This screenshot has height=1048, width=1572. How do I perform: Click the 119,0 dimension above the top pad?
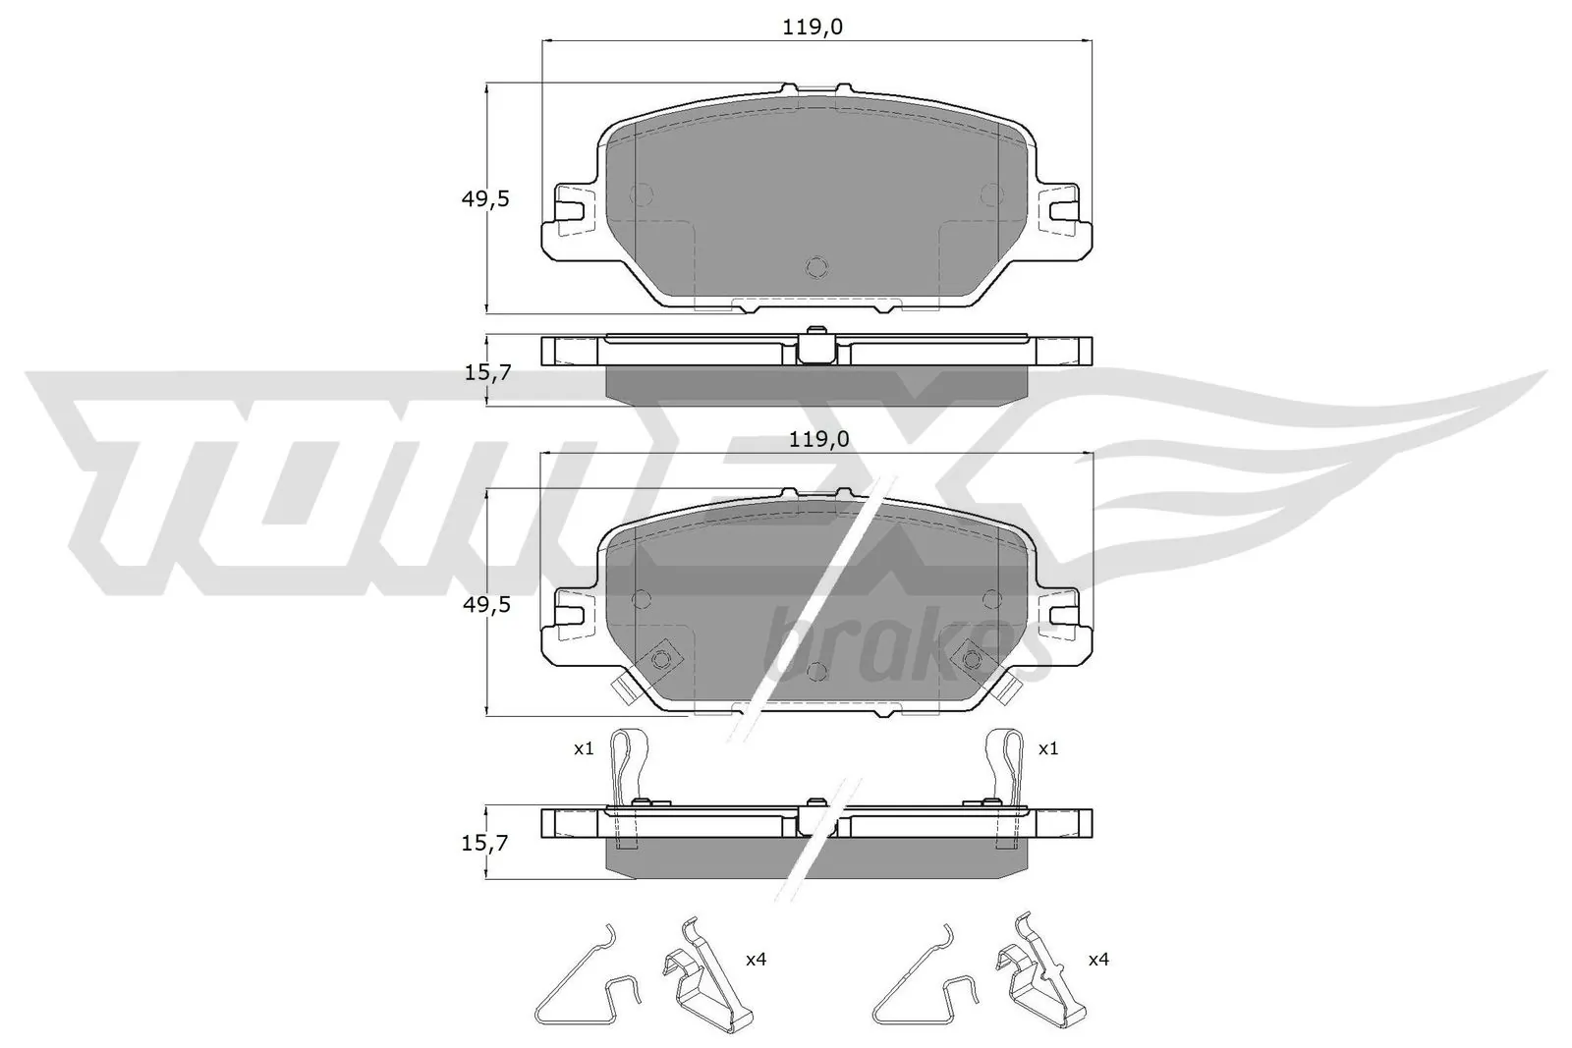pyautogui.click(x=813, y=28)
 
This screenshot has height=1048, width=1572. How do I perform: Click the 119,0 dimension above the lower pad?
pyautogui.click(x=817, y=439)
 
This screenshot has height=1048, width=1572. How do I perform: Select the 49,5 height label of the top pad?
pyautogui.click(x=485, y=199)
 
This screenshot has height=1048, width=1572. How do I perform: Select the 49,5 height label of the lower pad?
pyautogui.click(x=485, y=605)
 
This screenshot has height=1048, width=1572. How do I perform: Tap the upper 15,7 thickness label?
pyautogui.click(x=485, y=373)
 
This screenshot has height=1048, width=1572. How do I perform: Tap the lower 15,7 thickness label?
pyautogui.click(x=485, y=842)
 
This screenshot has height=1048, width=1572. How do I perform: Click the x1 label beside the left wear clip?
pyautogui.click(x=584, y=748)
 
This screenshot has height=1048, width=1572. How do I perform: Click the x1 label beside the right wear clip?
pyautogui.click(x=1048, y=748)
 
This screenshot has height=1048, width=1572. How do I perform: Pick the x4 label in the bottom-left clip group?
pyautogui.click(x=756, y=960)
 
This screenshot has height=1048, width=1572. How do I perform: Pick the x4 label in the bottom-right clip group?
pyautogui.click(x=1098, y=960)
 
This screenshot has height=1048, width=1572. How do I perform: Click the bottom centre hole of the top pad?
pyautogui.click(x=816, y=266)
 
